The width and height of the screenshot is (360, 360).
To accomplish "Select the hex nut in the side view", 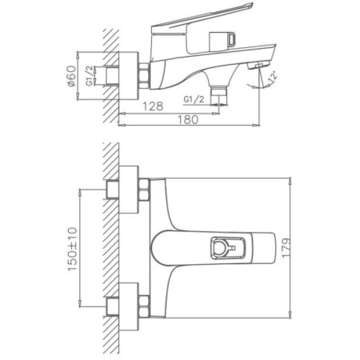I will point(146,76).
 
